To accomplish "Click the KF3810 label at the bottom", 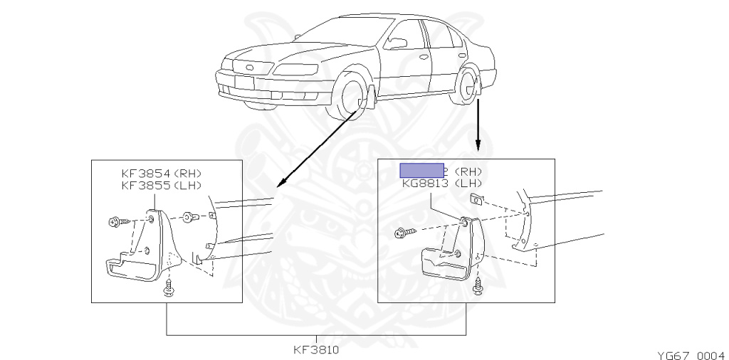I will coord(315,350).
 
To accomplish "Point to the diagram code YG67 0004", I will coord(690,354).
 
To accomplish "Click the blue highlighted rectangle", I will coord(421,170).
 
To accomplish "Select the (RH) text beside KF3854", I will coord(187,173).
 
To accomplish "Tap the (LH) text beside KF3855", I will coord(187,185).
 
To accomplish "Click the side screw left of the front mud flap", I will coord(116,223).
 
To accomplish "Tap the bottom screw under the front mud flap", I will coord(169,287).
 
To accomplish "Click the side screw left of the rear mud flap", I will coord(401,232).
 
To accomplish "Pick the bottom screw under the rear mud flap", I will coord(477,287).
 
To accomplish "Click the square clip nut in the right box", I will coord(478,198).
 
